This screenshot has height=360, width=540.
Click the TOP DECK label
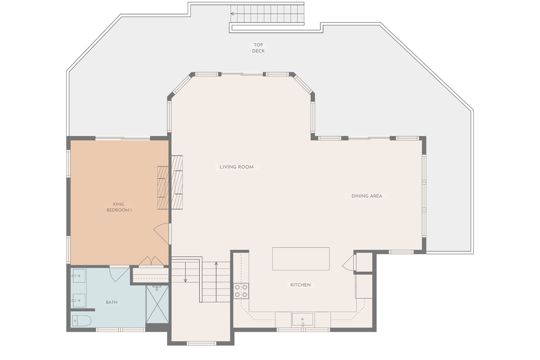coord(258,48)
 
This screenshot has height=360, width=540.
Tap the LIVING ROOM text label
coord(237,167)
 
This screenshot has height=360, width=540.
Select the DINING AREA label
coord(367,196)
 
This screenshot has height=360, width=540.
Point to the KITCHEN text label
coord(300,285)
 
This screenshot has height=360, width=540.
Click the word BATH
coord(112,302)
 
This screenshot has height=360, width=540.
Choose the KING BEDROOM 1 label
coord(119,207)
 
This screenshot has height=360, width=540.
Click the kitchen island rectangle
coord(301,259)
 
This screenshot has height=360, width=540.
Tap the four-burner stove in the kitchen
coord(241,291)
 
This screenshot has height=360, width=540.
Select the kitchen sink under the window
coord(302,319)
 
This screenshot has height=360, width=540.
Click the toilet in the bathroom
coord(81,321)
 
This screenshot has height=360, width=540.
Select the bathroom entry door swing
coord(118,274)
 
